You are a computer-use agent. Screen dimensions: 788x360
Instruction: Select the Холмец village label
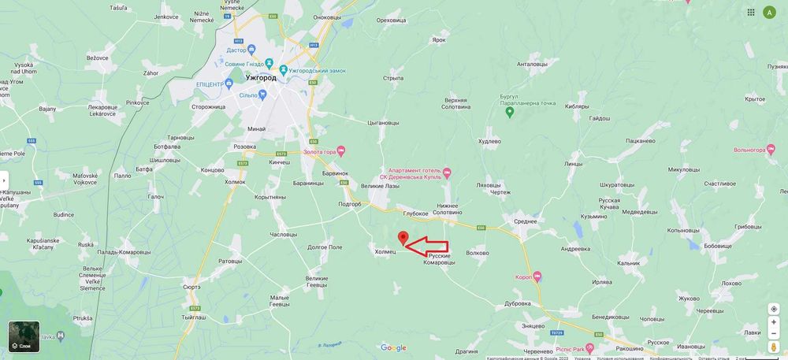[x=386, y=252]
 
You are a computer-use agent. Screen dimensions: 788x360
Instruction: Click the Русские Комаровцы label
[x=440, y=258]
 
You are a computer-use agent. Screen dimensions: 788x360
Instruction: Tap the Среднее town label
[x=525, y=222]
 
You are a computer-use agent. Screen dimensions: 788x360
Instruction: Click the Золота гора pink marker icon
[x=341, y=151]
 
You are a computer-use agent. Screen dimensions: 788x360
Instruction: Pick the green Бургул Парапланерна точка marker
[x=509, y=112]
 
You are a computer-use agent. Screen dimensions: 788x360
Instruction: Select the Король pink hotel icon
[x=537, y=276]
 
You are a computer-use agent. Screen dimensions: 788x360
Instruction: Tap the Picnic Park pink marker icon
[x=589, y=347]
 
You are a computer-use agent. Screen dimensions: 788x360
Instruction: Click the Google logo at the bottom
[x=393, y=347]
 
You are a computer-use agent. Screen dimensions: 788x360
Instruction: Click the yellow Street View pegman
[x=774, y=347]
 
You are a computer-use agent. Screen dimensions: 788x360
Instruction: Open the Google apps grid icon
[x=750, y=12]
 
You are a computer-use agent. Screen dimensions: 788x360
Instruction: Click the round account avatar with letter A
[x=769, y=12]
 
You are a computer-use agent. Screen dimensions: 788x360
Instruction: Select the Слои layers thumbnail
[x=24, y=336]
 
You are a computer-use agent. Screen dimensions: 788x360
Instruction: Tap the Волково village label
[x=478, y=253]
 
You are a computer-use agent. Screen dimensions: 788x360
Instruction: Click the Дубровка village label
[x=518, y=303]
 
